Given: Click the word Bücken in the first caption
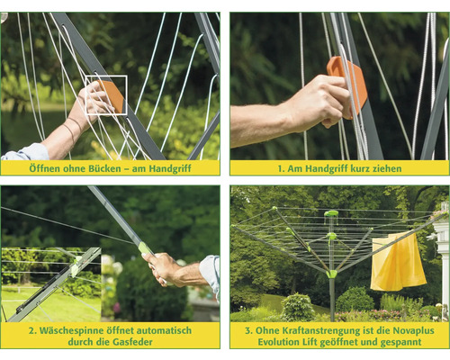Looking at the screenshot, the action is coord(104,168).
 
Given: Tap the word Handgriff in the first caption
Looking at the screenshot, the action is coord(170,168).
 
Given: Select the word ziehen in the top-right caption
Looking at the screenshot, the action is coord(387,168).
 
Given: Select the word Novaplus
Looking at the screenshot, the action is coord(413,330).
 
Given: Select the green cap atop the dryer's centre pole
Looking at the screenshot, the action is coord(331,214).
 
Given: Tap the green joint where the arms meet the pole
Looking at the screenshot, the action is coord(331,274).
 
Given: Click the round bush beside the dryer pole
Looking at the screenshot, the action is coord(297,308).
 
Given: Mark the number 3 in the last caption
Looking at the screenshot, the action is coord(247,331).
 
